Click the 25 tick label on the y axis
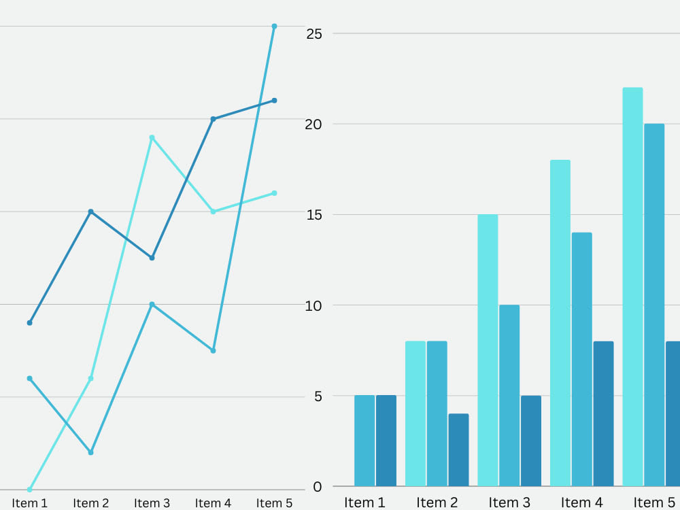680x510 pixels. tap(314, 34)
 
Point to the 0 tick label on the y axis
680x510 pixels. tap(318, 487)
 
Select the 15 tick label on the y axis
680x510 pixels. tap(314, 215)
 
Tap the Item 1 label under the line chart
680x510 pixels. tap(29, 503)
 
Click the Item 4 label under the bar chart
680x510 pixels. tap(581, 503)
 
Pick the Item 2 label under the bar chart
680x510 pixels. tap(437, 503)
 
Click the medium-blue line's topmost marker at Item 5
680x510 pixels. tap(274, 27)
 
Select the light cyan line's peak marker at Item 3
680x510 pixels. tap(152, 137)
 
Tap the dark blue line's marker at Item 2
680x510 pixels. tap(90, 211)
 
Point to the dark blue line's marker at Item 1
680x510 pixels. tap(29, 322)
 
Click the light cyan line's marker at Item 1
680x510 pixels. tap(29, 490)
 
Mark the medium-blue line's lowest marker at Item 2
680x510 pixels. tap(90, 452)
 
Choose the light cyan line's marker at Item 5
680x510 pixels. tap(274, 193)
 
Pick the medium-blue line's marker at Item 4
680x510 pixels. tap(213, 350)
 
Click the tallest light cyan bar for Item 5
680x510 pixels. tap(632, 287)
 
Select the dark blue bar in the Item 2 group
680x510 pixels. tap(458, 449)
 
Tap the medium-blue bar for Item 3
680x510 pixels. tap(509, 396)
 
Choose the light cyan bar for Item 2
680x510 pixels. tap(415, 413)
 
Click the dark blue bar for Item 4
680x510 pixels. tap(603, 413)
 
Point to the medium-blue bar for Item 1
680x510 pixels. tap(364, 441)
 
